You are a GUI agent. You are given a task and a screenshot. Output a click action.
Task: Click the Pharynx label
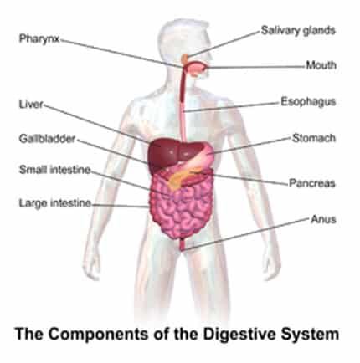coord(39,38)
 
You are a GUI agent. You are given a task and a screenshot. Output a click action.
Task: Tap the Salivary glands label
coord(298,30)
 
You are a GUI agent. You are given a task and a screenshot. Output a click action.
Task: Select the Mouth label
coord(321,65)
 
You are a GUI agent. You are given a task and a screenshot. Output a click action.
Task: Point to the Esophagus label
coord(308,102)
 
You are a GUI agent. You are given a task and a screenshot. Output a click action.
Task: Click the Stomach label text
coord(314,138)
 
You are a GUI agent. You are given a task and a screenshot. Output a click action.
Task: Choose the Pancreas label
coord(312,183)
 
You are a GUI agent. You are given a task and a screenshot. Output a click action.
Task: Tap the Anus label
coord(323,219)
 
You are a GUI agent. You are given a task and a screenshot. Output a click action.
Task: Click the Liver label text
coord(32,105)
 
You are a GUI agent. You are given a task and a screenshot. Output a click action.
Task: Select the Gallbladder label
coord(47,139)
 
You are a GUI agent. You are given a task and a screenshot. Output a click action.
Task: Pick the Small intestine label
coord(55,170)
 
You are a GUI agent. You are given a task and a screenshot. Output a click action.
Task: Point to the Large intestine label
coord(55,203)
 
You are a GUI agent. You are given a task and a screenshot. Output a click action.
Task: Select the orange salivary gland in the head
coord(185,59)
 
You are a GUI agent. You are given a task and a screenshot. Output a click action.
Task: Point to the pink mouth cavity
coord(197,69)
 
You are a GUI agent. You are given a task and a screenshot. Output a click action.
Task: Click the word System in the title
coord(310,334)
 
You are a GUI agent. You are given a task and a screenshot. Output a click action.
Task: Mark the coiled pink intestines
coord(178,209)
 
